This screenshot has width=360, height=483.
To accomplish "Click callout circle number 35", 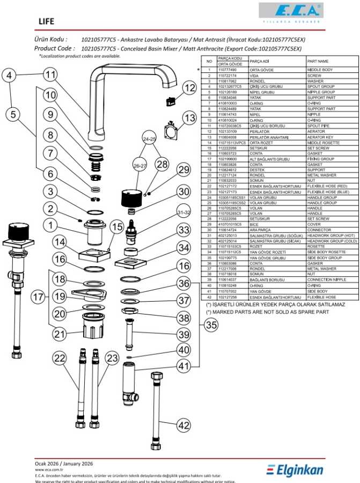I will [x=211, y=325].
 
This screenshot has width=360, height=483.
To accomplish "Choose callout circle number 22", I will [x=59, y=357].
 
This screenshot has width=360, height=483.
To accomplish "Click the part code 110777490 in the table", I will [x=228, y=70].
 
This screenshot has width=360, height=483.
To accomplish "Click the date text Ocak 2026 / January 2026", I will [x=64, y=463].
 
